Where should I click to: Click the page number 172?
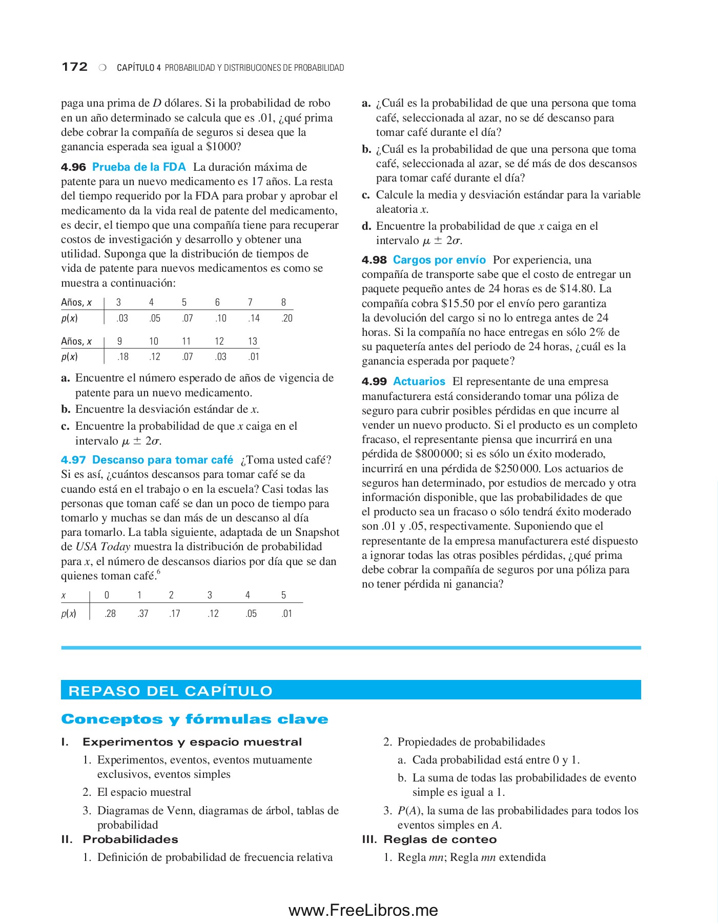[x=74, y=67]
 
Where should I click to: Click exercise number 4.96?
[x=73, y=167]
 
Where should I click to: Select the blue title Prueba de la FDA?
[x=139, y=167]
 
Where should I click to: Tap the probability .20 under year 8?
[x=286, y=318]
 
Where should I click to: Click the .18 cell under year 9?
[x=122, y=357]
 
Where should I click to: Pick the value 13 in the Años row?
[x=252, y=342]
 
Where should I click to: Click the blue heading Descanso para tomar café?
[x=162, y=460]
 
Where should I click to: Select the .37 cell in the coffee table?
[x=142, y=614]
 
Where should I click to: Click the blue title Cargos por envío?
[x=439, y=260]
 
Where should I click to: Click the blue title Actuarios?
[x=419, y=382]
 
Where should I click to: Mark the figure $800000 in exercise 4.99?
[x=437, y=454]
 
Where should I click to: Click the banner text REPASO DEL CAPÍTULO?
[x=170, y=691]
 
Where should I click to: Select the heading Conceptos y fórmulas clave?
[x=194, y=719]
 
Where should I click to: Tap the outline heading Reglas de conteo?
[x=440, y=839]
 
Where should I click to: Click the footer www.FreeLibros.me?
[x=363, y=910]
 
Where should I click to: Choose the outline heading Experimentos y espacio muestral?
[x=192, y=742]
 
